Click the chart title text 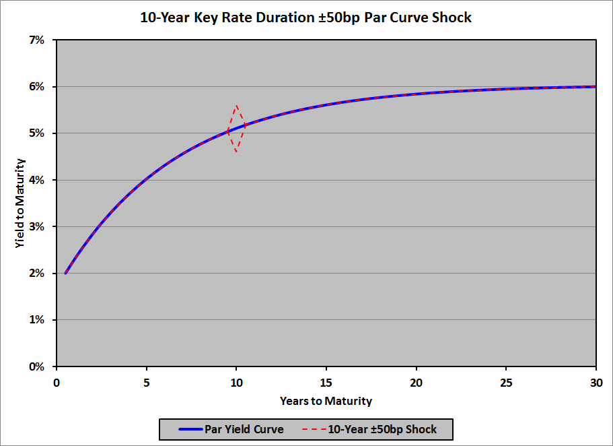coord(306,18)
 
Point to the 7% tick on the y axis coord(36,40)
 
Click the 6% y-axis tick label coord(36,87)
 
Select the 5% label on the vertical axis coord(36,133)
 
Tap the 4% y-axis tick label coord(36,180)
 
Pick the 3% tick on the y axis coord(36,226)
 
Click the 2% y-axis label coord(36,274)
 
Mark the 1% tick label coord(36,320)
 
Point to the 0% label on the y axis coord(36,367)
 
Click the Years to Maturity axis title coord(326,402)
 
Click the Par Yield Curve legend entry coord(231,429)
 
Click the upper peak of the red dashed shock coord(236,105)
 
